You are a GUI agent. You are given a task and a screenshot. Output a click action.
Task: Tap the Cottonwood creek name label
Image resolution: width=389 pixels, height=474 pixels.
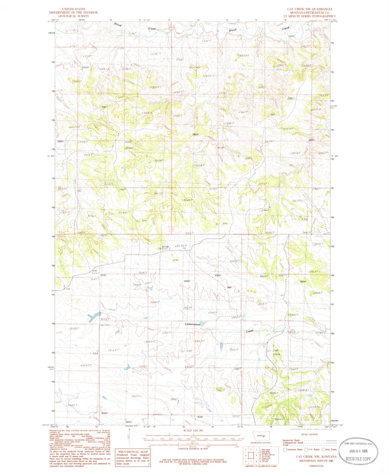[x=192, y=324]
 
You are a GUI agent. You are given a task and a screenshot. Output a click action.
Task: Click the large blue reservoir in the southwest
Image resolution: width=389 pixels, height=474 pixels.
[x=94, y=317]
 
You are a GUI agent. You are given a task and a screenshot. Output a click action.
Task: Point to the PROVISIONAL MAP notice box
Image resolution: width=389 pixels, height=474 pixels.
[x=135, y=457]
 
